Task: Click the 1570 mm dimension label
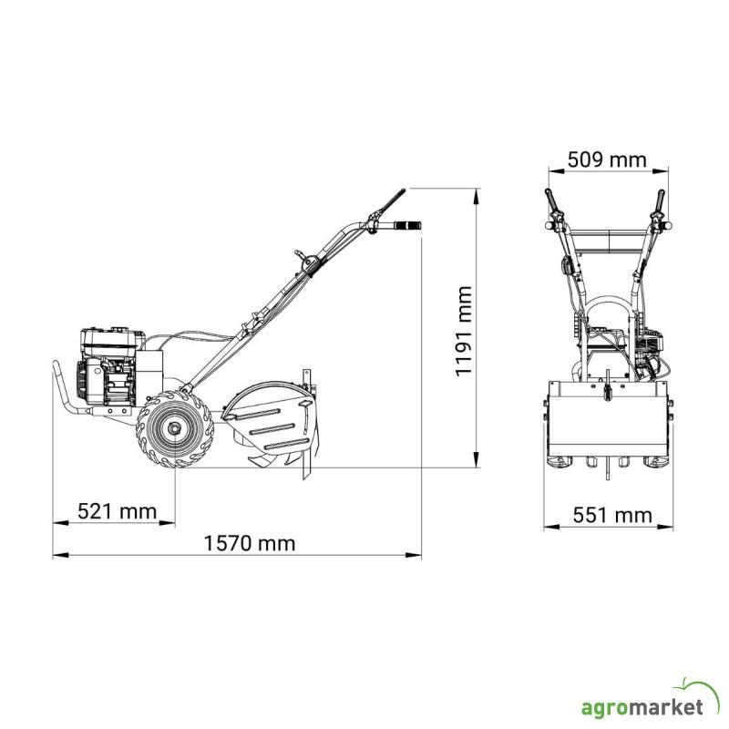(250, 543)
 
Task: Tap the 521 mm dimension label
(118, 511)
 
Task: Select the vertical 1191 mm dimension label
(464, 331)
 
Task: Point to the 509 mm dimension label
(607, 160)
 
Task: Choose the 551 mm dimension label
(612, 516)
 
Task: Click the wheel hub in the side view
(175, 428)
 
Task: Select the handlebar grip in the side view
(407, 225)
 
